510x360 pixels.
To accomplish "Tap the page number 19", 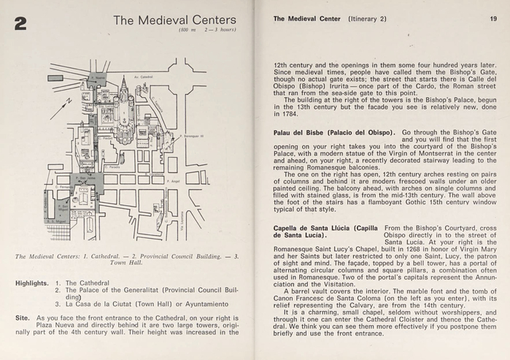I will (493, 19).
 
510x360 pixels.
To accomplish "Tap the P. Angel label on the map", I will (174, 180).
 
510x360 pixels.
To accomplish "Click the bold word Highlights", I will (32, 282).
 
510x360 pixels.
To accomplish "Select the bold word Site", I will (23, 318).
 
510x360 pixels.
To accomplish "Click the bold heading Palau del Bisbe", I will (299, 132).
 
